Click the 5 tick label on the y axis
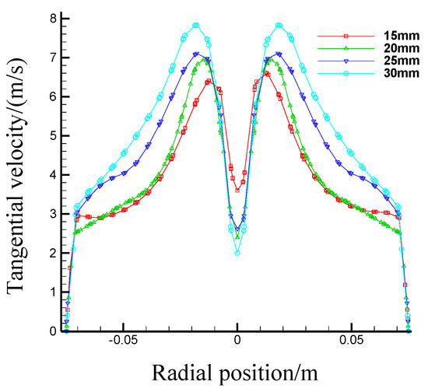click(x=51, y=135)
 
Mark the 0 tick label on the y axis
click(x=51, y=331)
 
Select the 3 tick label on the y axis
click(x=51, y=214)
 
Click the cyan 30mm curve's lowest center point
click(x=237, y=253)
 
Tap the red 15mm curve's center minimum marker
click(x=237, y=190)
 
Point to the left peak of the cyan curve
click(x=196, y=25)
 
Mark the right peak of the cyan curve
click(x=279, y=25)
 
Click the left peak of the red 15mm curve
click(x=208, y=81)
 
